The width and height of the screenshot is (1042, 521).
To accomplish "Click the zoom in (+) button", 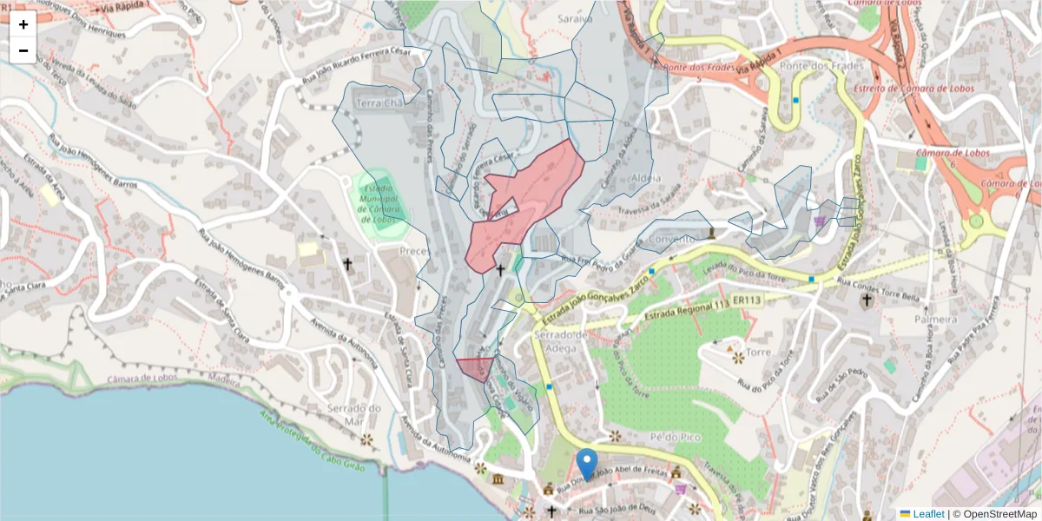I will [23, 24].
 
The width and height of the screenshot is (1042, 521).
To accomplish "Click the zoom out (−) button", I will [23, 50].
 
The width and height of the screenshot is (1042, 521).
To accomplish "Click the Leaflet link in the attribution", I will [928, 514].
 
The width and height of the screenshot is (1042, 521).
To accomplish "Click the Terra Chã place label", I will [381, 103].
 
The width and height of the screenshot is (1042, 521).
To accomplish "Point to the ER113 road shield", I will [746, 300].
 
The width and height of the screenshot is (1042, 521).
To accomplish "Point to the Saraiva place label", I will [575, 17].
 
